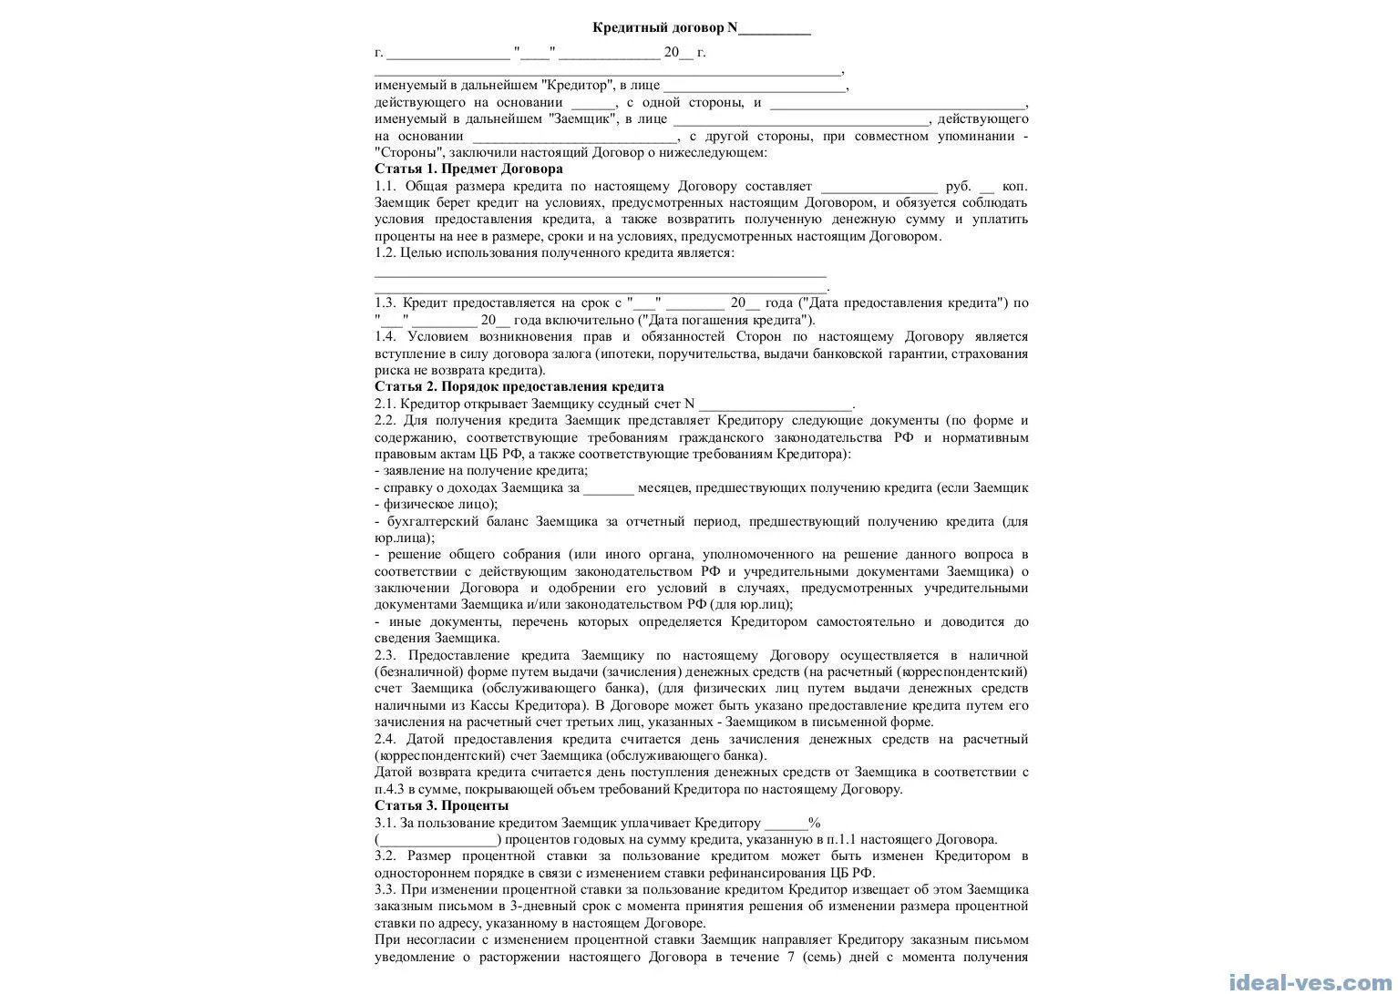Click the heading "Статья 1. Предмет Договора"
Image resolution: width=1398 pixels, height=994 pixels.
[468, 169]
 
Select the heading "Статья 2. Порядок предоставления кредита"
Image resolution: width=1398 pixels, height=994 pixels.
[519, 386]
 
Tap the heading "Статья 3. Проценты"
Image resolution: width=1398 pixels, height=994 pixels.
[441, 805]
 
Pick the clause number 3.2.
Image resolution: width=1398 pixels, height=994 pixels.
[386, 856]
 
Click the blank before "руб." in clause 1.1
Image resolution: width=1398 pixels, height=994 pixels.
[879, 187]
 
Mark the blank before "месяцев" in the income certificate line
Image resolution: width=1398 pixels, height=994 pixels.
[608, 488]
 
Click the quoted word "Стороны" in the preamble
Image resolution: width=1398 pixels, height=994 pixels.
[409, 152]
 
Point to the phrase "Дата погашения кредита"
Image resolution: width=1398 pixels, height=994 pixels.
[726, 320]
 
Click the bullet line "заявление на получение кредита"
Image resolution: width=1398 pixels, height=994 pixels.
[484, 470]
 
